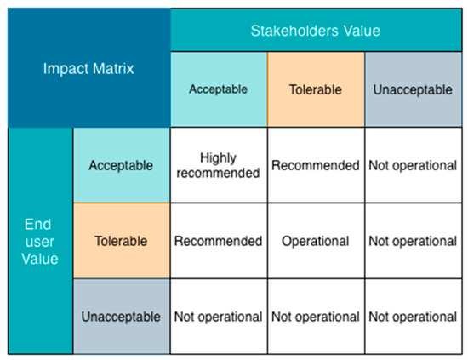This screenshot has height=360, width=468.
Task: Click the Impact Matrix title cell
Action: (89, 68)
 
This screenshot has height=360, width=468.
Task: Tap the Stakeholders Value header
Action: (316, 30)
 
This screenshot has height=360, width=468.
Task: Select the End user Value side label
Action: (40, 241)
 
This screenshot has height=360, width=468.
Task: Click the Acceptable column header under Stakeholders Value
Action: (219, 89)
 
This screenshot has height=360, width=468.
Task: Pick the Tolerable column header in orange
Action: (316, 89)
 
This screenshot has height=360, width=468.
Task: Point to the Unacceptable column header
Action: (413, 89)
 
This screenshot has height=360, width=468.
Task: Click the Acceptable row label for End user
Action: (122, 165)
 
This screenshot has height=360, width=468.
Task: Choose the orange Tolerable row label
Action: (122, 241)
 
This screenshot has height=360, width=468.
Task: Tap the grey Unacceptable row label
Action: (122, 317)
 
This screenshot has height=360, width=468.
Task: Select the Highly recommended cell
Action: (219, 165)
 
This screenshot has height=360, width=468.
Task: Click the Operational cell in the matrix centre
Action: (316, 241)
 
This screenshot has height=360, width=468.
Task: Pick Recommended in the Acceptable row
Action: (316, 165)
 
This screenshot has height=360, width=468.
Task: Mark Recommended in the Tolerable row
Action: (219, 241)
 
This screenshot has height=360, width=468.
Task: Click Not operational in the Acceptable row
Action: (413, 165)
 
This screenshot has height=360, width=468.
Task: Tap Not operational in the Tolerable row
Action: (413, 241)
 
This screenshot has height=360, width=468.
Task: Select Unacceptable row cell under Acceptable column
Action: (219, 317)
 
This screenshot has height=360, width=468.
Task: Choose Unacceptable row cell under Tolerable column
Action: (316, 317)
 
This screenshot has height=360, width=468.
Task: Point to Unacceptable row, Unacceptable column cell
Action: (413, 317)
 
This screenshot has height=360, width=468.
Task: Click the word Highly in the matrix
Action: (218, 158)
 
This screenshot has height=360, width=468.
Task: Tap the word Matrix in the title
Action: (113, 68)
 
